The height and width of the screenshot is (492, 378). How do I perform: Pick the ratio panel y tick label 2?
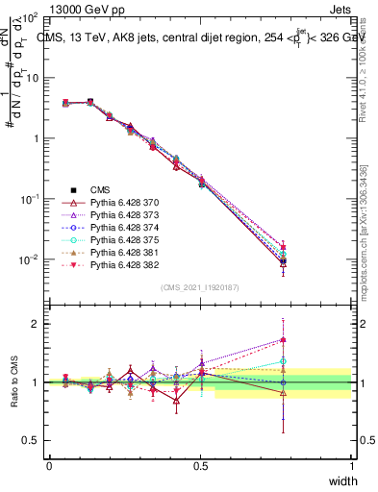(36, 323)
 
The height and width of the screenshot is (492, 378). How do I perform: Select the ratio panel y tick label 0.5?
(32, 440)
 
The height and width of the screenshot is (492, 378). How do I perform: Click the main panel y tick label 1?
(36, 138)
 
